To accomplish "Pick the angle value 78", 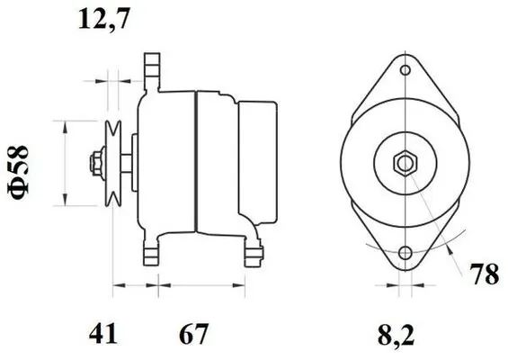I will pyautogui.click(x=485, y=274).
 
